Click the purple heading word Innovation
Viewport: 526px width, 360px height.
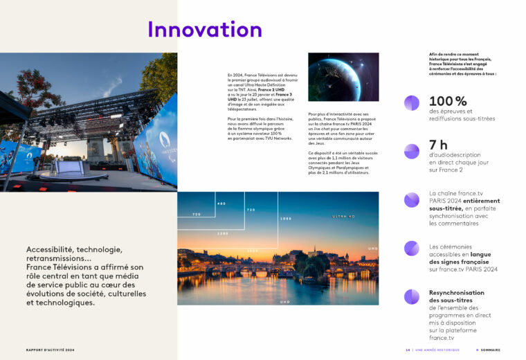(x=204, y=29)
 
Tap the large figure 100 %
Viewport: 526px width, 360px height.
(x=448, y=101)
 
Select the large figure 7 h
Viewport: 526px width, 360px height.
(x=439, y=145)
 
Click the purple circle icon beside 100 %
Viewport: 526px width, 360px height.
(x=412, y=102)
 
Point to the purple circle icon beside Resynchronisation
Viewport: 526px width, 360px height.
(x=412, y=296)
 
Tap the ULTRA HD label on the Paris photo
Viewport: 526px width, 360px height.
(x=344, y=217)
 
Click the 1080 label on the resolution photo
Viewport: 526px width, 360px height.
(x=287, y=219)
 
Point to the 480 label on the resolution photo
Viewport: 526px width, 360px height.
(x=221, y=204)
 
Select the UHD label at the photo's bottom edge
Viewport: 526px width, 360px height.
(x=284, y=302)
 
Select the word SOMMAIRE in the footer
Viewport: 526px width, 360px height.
(x=491, y=350)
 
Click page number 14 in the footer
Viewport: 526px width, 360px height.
(x=408, y=350)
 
